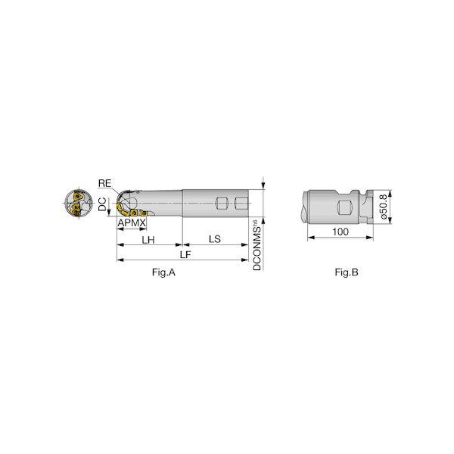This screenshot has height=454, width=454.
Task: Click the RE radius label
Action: (x=104, y=183)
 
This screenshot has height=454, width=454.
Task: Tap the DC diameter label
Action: (x=102, y=204)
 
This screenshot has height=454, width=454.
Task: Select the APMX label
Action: (x=132, y=223)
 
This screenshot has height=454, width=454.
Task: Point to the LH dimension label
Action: (x=148, y=239)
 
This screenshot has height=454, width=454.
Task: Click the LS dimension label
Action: (x=215, y=239)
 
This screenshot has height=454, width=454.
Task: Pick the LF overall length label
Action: (x=185, y=254)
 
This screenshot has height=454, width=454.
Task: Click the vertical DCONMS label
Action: (x=257, y=245)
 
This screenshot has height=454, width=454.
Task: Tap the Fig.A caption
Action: (x=163, y=272)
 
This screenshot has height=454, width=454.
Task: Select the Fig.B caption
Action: (x=347, y=272)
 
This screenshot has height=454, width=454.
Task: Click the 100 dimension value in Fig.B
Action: (x=340, y=232)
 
